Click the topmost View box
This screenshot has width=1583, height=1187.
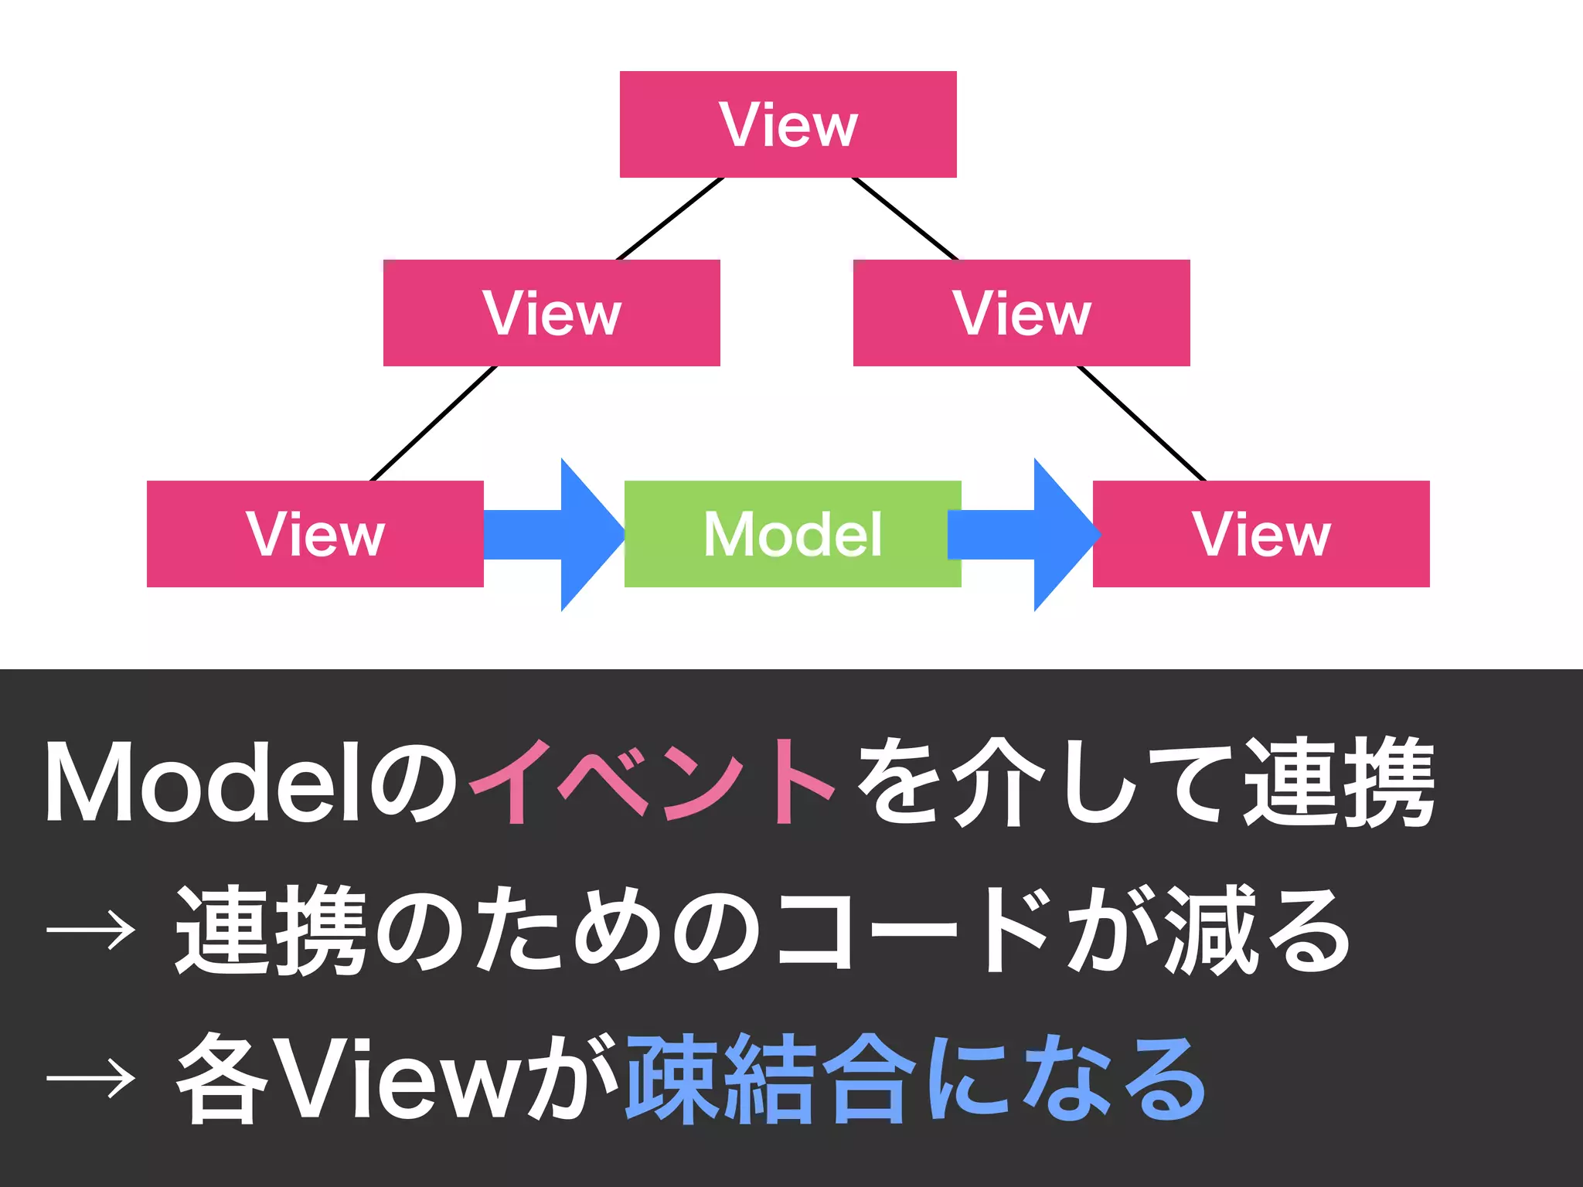click(788, 124)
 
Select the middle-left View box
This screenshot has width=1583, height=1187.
click(551, 313)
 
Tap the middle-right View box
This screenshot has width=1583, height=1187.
click(1021, 313)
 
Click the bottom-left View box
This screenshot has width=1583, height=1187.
click(315, 534)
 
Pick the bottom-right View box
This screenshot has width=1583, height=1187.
click(1261, 534)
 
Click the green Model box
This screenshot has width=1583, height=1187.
click(792, 534)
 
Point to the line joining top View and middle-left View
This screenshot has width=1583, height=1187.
click(669, 219)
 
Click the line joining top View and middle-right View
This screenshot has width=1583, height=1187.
click(905, 219)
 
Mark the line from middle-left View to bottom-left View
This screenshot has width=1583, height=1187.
click(434, 423)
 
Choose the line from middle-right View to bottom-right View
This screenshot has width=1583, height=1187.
click(1142, 423)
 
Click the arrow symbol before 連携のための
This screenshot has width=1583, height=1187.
click(91, 930)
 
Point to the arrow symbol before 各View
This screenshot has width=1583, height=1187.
click(91, 1077)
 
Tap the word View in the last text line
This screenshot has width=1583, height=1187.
click(394, 1079)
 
